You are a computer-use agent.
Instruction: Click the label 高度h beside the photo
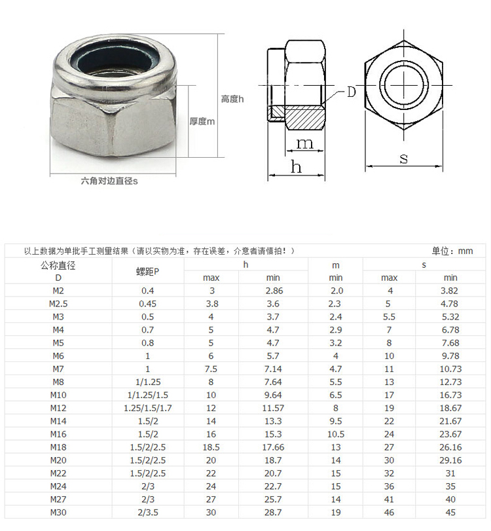[x=232, y=99]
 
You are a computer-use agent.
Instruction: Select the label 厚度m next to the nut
[x=202, y=121]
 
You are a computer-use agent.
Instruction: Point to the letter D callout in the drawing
[x=351, y=92]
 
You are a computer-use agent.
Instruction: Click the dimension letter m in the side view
[x=305, y=143]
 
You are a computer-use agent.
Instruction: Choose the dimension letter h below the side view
[x=296, y=167]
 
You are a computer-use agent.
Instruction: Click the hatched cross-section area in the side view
[x=304, y=119]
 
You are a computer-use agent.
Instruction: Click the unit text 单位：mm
[x=452, y=251]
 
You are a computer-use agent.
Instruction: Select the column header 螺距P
[x=147, y=271]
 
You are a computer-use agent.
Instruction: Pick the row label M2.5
[x=58, y=304]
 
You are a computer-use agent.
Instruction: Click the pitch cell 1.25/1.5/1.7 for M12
[x=147, y=407]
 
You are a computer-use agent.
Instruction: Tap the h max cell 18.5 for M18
[x=211, y=447]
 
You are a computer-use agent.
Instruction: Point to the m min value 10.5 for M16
[x=335, y=433]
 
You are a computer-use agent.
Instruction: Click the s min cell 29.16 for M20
[x=450, y=460]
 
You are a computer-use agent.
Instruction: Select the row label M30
[x=58, y=512]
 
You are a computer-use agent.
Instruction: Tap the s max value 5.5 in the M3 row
[x=389, y=317]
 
